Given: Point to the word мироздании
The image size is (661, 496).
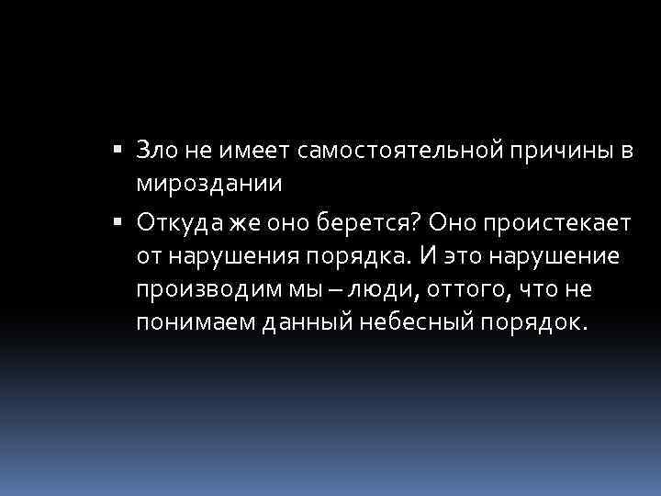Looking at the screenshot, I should coord(210,182).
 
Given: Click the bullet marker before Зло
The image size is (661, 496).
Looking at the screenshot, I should coord(121,148).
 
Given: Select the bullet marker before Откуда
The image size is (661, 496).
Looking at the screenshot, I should coord(121,221).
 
